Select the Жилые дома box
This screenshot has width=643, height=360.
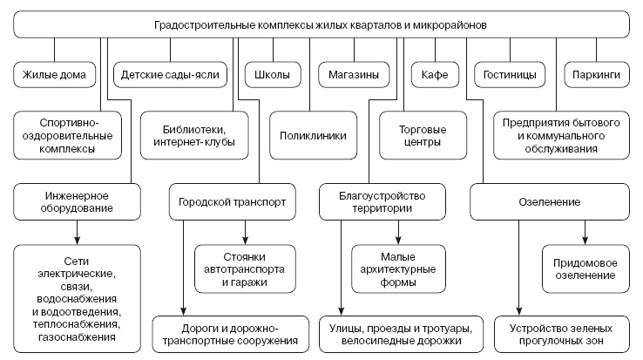click(x=55, y=75)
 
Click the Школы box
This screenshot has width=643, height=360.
click(x=267, y=75)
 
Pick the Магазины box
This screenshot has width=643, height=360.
click(x=353, y=75)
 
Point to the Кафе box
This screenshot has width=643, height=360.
click(x=435, y=75)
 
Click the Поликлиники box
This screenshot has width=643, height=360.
click(x=313, y=135)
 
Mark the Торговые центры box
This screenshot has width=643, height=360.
click(x=409, y=135)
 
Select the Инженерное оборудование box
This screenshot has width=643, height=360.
click(x=78, y=202)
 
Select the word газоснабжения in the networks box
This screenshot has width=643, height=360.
click(x=78, y=336)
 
